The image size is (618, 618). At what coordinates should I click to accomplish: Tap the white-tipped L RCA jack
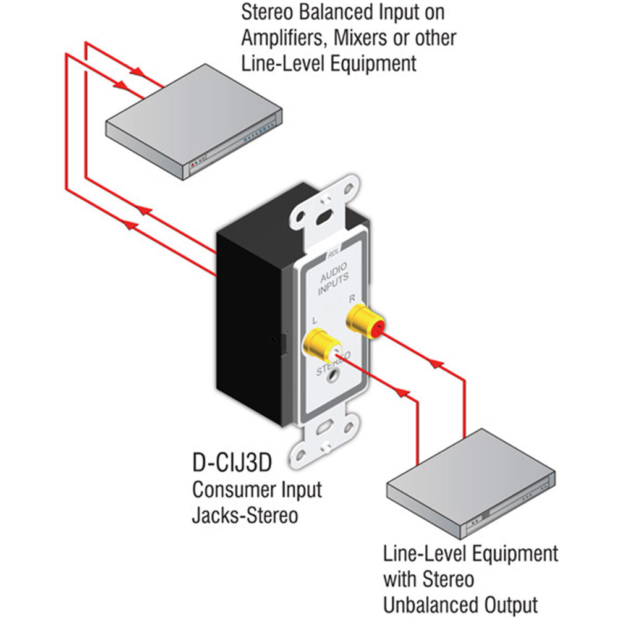(320, 346)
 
